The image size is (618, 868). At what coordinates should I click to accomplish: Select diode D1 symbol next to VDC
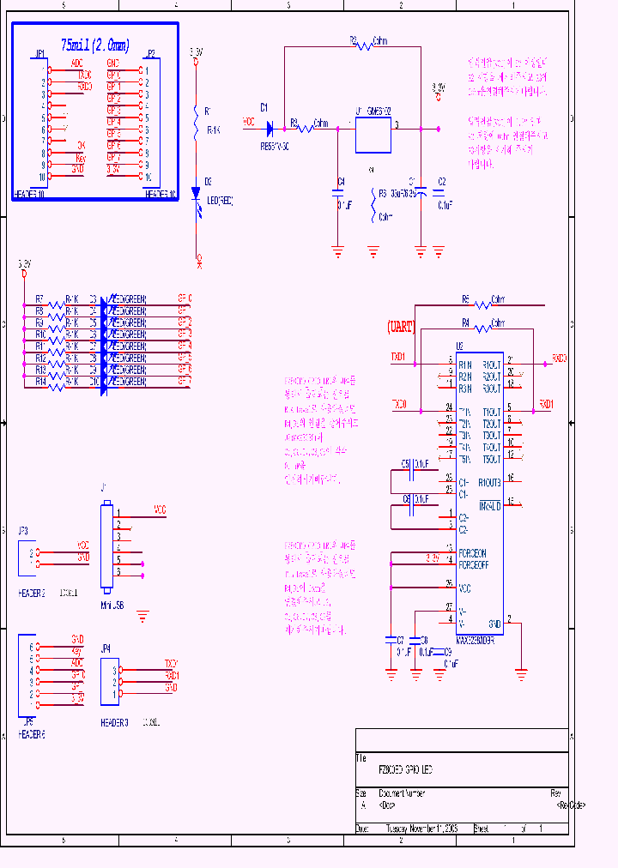pos(269,129)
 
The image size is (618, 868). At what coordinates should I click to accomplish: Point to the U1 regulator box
pos(373,133)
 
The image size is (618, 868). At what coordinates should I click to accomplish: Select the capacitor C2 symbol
pos(439,194)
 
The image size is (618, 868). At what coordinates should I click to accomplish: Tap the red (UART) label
pos(401,327)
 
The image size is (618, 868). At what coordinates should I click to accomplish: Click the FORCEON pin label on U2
pos(472,553)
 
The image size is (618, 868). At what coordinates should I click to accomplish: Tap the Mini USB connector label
pos(112,605)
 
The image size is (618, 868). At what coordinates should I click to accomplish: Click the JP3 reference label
pos(23,531)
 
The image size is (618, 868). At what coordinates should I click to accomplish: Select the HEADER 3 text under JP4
pos(114,722)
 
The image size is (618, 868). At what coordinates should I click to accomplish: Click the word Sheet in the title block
pos(481,829)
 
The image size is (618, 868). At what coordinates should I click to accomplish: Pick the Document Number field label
pos(402,793)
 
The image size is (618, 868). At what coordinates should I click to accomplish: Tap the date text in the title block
pos(421,829)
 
